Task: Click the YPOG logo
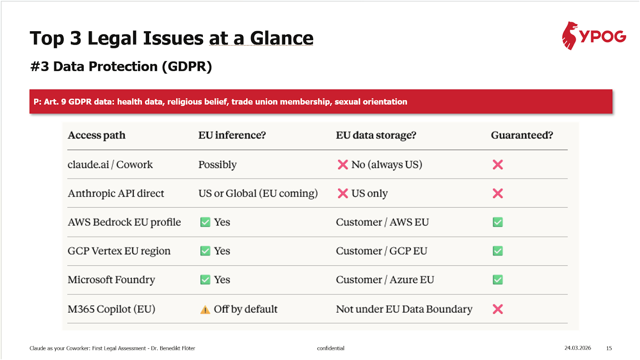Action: coord(594,36)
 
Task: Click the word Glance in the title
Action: coord(282,38)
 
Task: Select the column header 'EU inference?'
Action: coord(232,135)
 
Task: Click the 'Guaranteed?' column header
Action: coord(522,135)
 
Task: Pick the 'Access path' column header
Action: coord(96,135)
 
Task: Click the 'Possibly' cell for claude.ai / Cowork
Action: coord(218,164)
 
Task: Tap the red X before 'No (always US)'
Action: coord(343,164)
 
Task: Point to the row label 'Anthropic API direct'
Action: coord(116,193)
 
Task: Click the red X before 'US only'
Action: coord(343,193)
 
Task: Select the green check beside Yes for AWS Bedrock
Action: coord(205,222)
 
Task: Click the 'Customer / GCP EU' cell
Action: coord(382,251)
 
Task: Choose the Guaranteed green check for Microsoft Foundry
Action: coord(498,280)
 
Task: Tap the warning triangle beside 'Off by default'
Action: coord(205,310)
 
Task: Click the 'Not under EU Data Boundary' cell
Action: coord(404,309)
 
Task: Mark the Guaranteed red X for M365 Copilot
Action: coord(498,309)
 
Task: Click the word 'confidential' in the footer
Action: coord(331,348)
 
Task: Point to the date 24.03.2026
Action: coord(578,348)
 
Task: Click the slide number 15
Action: coord(609,348)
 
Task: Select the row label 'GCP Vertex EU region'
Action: coord(119,251)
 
